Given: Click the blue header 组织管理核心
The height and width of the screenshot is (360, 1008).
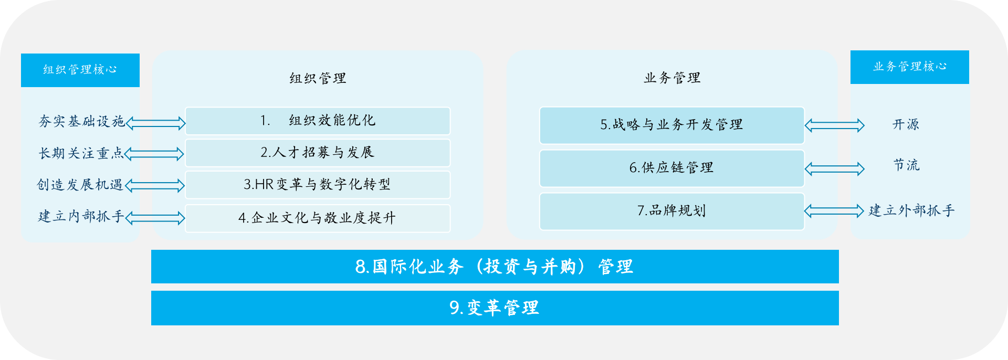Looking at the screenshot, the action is [x=80, y=70].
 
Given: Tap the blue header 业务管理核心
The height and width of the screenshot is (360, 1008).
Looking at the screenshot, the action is [x=910, y=67].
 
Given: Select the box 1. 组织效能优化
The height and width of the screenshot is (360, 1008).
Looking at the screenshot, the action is [x=318, y=121].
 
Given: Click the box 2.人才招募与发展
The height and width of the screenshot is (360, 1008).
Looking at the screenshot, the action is [x=318, y=153].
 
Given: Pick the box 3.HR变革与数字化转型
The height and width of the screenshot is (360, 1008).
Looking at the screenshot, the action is [x=318, y=185].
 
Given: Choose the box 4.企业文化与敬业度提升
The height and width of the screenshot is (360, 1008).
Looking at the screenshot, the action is [x=318, y=218].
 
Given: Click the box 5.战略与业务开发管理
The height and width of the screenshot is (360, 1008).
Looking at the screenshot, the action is [x=672, y=125].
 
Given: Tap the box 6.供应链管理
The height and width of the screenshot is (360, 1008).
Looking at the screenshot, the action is [x=672, y=168].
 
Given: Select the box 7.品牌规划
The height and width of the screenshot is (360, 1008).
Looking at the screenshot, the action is [x=672, y=211].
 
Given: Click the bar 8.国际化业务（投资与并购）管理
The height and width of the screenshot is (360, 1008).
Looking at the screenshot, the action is [x=495, y=267].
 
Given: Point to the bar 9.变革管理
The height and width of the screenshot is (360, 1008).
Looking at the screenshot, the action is [x=495, y=308].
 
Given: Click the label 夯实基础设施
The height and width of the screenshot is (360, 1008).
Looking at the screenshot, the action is [x=81, y=121].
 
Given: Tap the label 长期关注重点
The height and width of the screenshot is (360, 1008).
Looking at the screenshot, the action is [x=81, y=153].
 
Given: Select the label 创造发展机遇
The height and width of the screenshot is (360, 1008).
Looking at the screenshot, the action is [x=80, y=185].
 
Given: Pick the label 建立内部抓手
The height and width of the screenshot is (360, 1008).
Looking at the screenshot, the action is [x=81, y=216].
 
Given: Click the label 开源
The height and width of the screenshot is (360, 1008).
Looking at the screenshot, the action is [x=906, y=124].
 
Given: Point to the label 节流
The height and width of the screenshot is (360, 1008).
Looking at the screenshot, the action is [x=907, y=165].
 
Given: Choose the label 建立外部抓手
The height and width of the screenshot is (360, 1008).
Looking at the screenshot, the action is [x=911, y=210].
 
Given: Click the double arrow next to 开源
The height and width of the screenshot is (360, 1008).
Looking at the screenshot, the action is [x=834, y=125].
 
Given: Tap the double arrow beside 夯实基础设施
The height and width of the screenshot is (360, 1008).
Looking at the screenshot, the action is [x=156, y=123].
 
